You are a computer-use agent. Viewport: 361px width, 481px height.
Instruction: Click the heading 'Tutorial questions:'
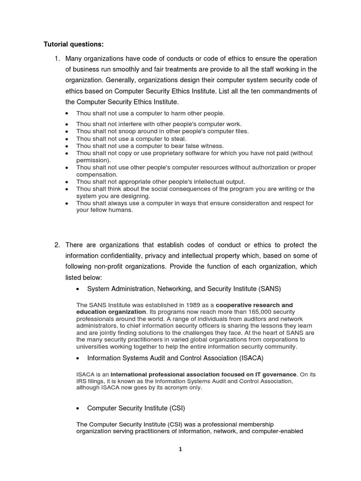tap(74, 45)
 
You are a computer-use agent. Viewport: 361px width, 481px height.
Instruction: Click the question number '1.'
tap(57, 59)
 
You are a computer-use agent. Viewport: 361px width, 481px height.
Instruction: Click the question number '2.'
tap(57, 245)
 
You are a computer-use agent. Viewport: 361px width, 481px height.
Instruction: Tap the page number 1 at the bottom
tap(180, 449)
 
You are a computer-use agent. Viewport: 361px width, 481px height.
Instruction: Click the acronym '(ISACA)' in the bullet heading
tap(247, 358)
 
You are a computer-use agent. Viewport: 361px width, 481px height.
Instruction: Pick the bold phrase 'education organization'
tap(111, 312)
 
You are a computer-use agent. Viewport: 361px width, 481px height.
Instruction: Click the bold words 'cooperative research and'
tap(254, 305)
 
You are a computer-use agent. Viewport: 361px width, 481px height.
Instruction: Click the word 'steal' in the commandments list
tap(178, 139)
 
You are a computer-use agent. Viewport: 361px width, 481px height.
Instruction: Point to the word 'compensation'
tap(97, 174)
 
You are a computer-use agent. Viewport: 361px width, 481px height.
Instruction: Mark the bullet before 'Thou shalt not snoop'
tap(68, 132)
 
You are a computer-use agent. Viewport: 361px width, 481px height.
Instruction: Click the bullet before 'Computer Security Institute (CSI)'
tap(78, 409)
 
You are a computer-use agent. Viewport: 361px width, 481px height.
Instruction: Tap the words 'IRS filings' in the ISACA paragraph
tap(93, 381)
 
